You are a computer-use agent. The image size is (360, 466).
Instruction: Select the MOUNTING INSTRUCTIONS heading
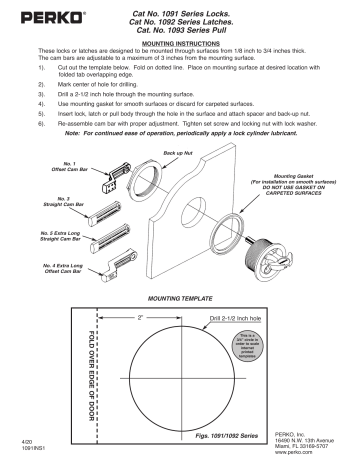coord(179,45)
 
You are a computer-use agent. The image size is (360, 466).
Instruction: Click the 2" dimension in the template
coord(141,317)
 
